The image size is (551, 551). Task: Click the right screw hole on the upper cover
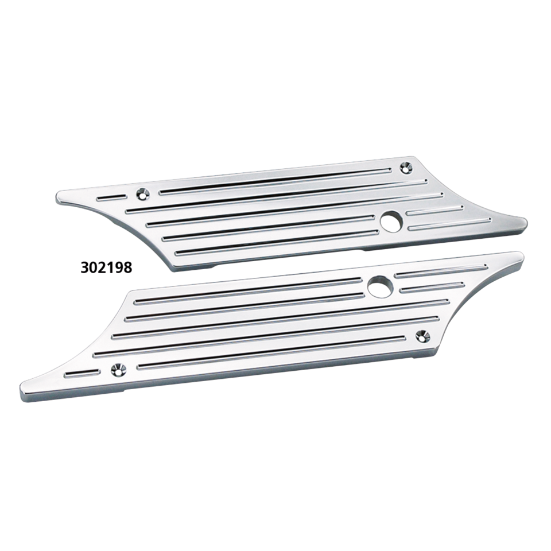[406, 168]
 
